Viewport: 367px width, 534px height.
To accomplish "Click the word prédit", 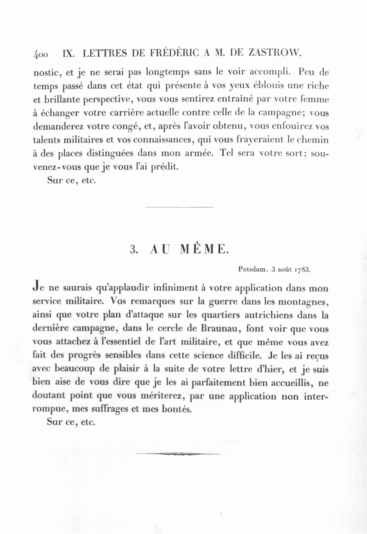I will click(166, 166).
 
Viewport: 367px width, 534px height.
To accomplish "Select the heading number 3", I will click(133, 249).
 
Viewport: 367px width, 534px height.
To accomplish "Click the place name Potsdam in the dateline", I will click(252, 269).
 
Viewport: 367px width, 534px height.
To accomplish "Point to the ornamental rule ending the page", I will click(179, 454).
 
